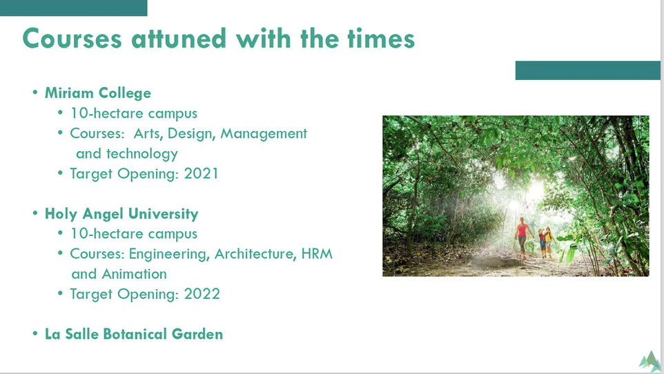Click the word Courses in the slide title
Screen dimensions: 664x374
click(72, 39)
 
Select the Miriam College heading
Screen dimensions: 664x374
click(98, 93)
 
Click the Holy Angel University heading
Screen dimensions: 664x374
click(121, 214)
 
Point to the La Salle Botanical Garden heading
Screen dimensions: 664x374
click(134, 334)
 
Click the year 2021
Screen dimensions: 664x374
click(201, 174)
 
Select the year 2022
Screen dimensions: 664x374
click(202, 294)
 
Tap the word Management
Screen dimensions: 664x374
click(264, 134)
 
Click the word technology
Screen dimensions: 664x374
click(142, 154)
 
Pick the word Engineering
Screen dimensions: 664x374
click(169, 254)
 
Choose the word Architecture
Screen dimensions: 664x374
click(255, 254)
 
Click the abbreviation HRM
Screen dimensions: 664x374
click(317, 254)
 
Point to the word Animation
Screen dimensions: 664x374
click(134, 274)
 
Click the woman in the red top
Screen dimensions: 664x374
click(522, 237)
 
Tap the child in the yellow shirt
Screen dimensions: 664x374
click(549, 242)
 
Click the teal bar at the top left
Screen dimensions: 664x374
click(74, 8)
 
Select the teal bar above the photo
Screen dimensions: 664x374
click(588, 70)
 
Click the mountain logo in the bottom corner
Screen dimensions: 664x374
click(650, 362)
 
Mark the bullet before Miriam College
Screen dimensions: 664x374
click(35, 92)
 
